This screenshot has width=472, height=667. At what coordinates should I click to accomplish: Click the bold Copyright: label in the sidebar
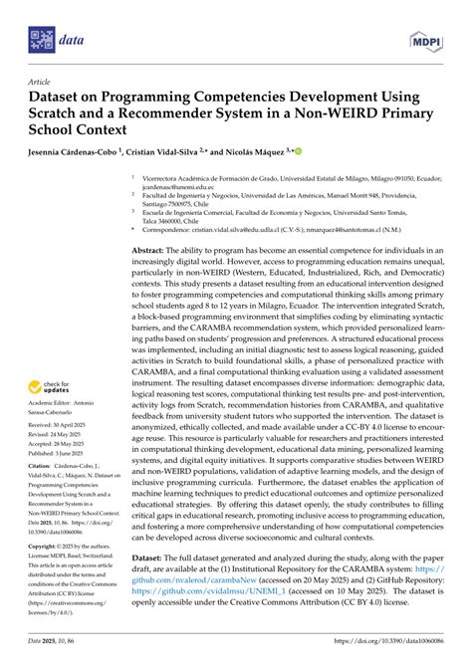[x=45, y=547]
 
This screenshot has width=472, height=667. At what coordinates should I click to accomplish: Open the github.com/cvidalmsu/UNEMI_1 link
[x=194, y=617]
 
